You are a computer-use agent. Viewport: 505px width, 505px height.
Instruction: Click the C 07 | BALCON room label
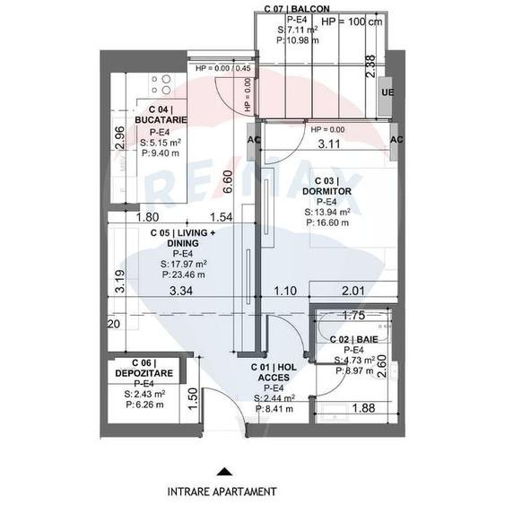click(x=299, y=8)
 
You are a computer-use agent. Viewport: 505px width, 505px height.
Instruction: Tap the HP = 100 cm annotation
click(x=351, y=21)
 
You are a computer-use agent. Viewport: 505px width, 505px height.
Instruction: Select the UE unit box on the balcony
click(x=387, y=93)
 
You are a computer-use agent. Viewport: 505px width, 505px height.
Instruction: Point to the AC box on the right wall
click(x=396, y=140)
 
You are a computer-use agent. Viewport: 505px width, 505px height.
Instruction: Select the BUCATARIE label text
click(x=161, y=119)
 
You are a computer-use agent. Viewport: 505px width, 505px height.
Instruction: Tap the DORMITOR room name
click(x=326, y=191)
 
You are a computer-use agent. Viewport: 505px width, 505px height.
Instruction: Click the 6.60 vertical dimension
click(x=229, y=182)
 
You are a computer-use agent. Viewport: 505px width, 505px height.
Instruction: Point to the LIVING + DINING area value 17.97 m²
click(x=184, y=264)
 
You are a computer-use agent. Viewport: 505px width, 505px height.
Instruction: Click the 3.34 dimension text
click(x=181, y=291)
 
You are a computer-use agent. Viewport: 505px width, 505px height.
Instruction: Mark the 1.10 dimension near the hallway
click(x=283, y=291)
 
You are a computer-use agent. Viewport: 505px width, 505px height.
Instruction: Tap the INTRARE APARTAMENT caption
click(x=222, y=492)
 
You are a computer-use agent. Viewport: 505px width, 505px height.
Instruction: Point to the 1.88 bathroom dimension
click(x=363, y=409)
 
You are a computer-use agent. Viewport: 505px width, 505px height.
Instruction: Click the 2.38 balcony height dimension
click(x=370, y=69)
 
